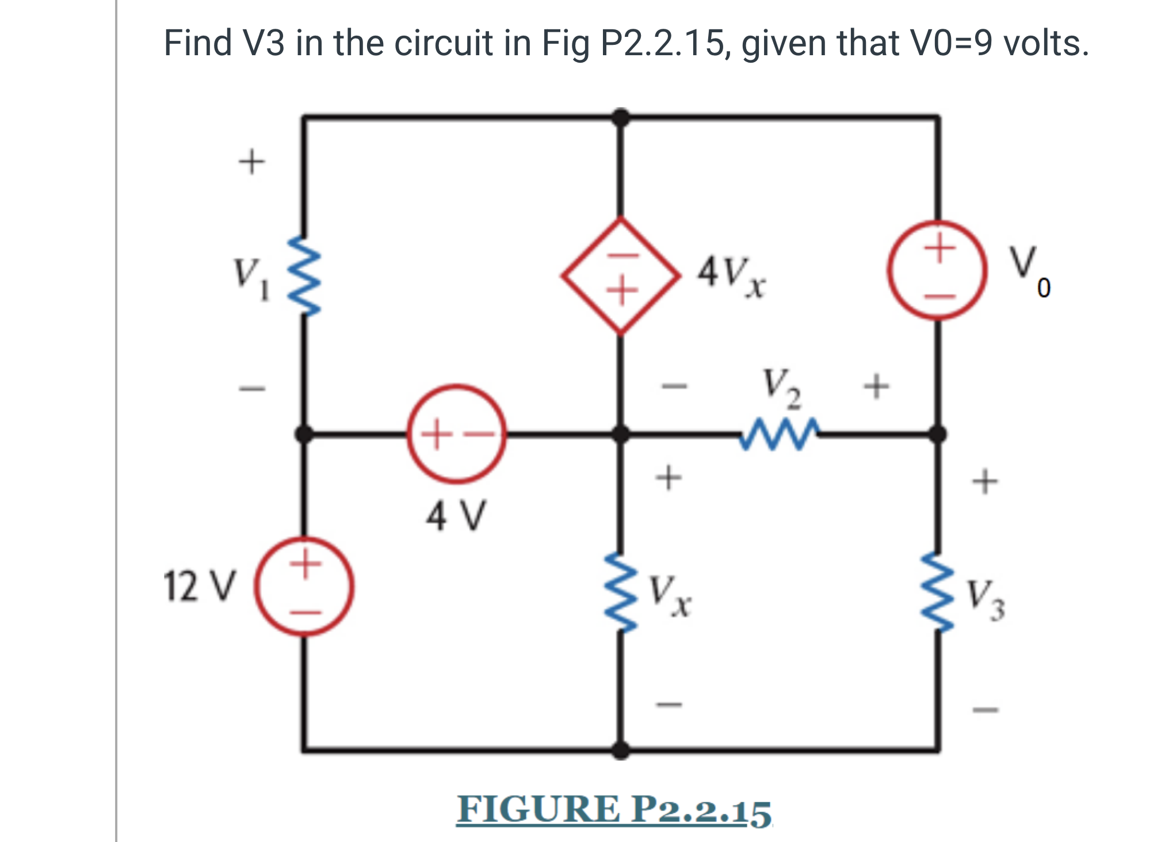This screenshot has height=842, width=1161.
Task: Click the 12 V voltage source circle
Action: click(x=304, y=587)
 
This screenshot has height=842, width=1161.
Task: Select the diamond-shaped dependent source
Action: click(x=621, y=275)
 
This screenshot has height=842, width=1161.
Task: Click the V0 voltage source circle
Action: click(x=937, y=270)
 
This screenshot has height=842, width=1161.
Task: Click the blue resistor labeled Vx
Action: click(x=621, y=592)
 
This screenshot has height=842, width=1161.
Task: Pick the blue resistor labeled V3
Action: click(x=938, y=592)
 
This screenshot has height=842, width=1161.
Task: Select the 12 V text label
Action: click(x=200, y=587)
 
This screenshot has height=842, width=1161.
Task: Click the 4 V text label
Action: click(x=456, y=516)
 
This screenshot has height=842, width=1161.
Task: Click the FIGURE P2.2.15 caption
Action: click(x=614, y=810)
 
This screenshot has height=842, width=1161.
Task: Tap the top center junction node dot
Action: click(x=620, y=117)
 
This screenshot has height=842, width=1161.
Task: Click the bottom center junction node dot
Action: click(x=620, y=750)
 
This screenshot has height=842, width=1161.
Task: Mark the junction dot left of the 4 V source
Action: click(x=304, y=434)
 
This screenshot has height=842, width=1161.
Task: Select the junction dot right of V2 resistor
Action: click(x=938, y=434)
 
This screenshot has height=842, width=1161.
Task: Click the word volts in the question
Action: click(x=1045, y=43)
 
